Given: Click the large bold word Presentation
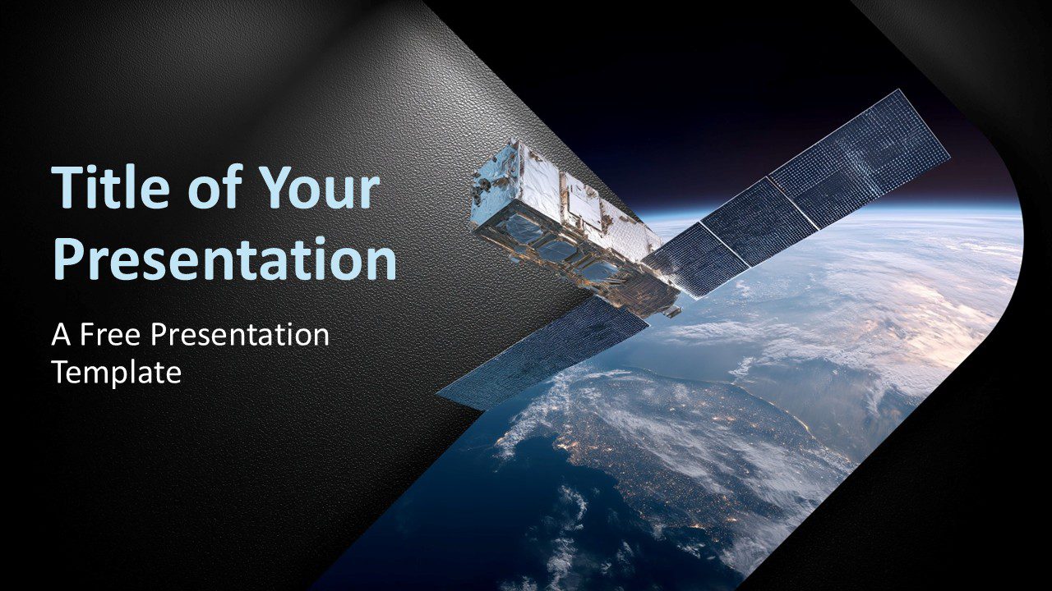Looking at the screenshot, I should pos(224,259).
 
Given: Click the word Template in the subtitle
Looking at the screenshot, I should pos(116,373).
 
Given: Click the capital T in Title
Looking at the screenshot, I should pos(67,187).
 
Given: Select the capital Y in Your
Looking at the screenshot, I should pos(275,187).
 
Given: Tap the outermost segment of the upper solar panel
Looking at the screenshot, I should pos(859,156).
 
